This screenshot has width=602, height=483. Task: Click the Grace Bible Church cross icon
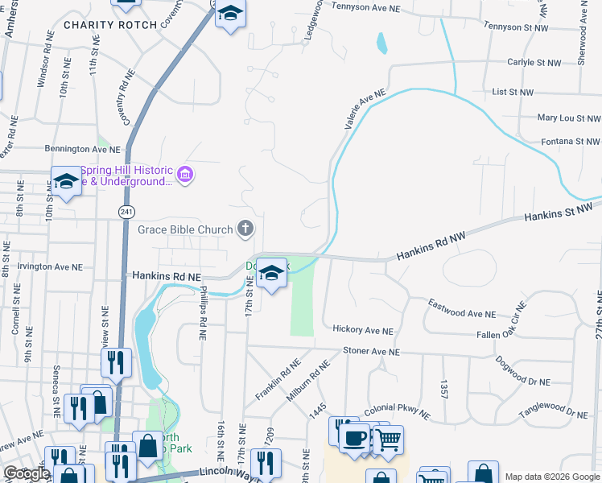pos(246,230)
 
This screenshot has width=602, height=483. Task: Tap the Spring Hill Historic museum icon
pos(185,175)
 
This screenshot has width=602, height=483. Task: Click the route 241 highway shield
pos(125,211)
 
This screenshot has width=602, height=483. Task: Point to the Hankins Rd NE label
pos(166,275)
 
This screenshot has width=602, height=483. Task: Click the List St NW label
pos(513,93)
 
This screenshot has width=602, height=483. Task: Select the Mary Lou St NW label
pos(568,118)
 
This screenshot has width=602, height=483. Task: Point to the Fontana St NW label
pos(570,142)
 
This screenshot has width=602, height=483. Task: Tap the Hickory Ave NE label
pos(363,330)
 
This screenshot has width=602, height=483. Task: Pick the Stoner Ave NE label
pos(371,352)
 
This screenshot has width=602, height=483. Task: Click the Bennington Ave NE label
pos(82,150)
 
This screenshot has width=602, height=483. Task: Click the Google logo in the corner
pos(27,474)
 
